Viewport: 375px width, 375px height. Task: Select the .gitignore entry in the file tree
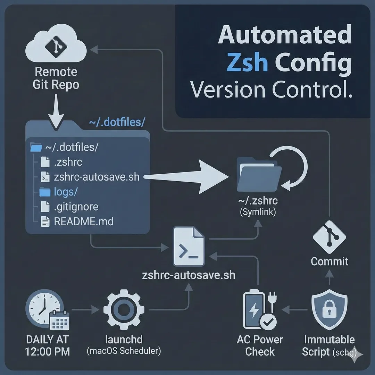[x=76, y=207]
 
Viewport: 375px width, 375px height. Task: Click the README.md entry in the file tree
[x=83, y=221]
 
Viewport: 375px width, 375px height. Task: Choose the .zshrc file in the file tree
[x=68, y=162]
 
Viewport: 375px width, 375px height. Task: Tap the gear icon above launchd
[x=124, y=308]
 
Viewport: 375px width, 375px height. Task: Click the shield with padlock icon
[x=329, y=310]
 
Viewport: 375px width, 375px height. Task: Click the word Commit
[x=329, y=261]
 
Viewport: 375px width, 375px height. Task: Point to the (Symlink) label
[x=258, y=212]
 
